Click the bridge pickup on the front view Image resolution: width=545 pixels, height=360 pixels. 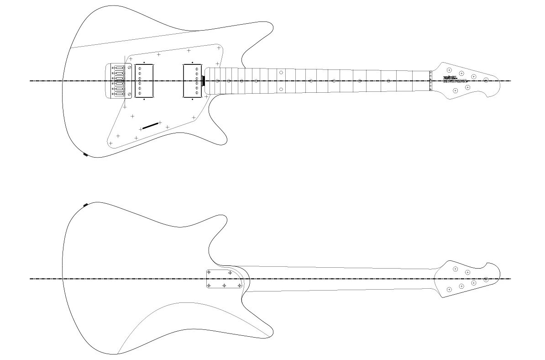[x=144, y=81]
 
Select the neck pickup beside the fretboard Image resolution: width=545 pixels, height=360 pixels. [x=192, y=81]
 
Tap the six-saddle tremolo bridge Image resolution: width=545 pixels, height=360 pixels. [x=118, y=81]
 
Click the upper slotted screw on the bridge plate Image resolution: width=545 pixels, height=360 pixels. [x=130, y=68]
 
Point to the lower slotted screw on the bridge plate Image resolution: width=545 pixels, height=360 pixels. [x=130, y=94]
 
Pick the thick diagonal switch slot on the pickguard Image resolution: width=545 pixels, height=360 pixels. [x=150, y=126]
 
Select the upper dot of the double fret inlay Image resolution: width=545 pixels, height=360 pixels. [x=281, y=73]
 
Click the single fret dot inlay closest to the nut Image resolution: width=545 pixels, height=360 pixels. [x=388, y=81]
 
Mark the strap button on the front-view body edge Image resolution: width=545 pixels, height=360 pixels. [x=85, y=154]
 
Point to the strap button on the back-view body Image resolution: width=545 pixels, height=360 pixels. [x=85, y=205]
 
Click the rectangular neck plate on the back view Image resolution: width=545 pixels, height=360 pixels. [x=224, y=279]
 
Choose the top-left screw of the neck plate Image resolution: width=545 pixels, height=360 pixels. [x=209, y=272]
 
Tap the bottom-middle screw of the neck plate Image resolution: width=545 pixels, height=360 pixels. [x=224, y=286]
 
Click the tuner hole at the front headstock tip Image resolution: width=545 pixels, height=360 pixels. [x=486, y=80]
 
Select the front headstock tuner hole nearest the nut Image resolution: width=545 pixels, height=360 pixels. [x=450, y=70]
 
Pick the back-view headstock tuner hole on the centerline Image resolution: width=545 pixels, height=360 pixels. [x=486, y=279]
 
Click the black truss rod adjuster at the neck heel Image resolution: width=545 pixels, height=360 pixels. [x=203, y=81]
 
